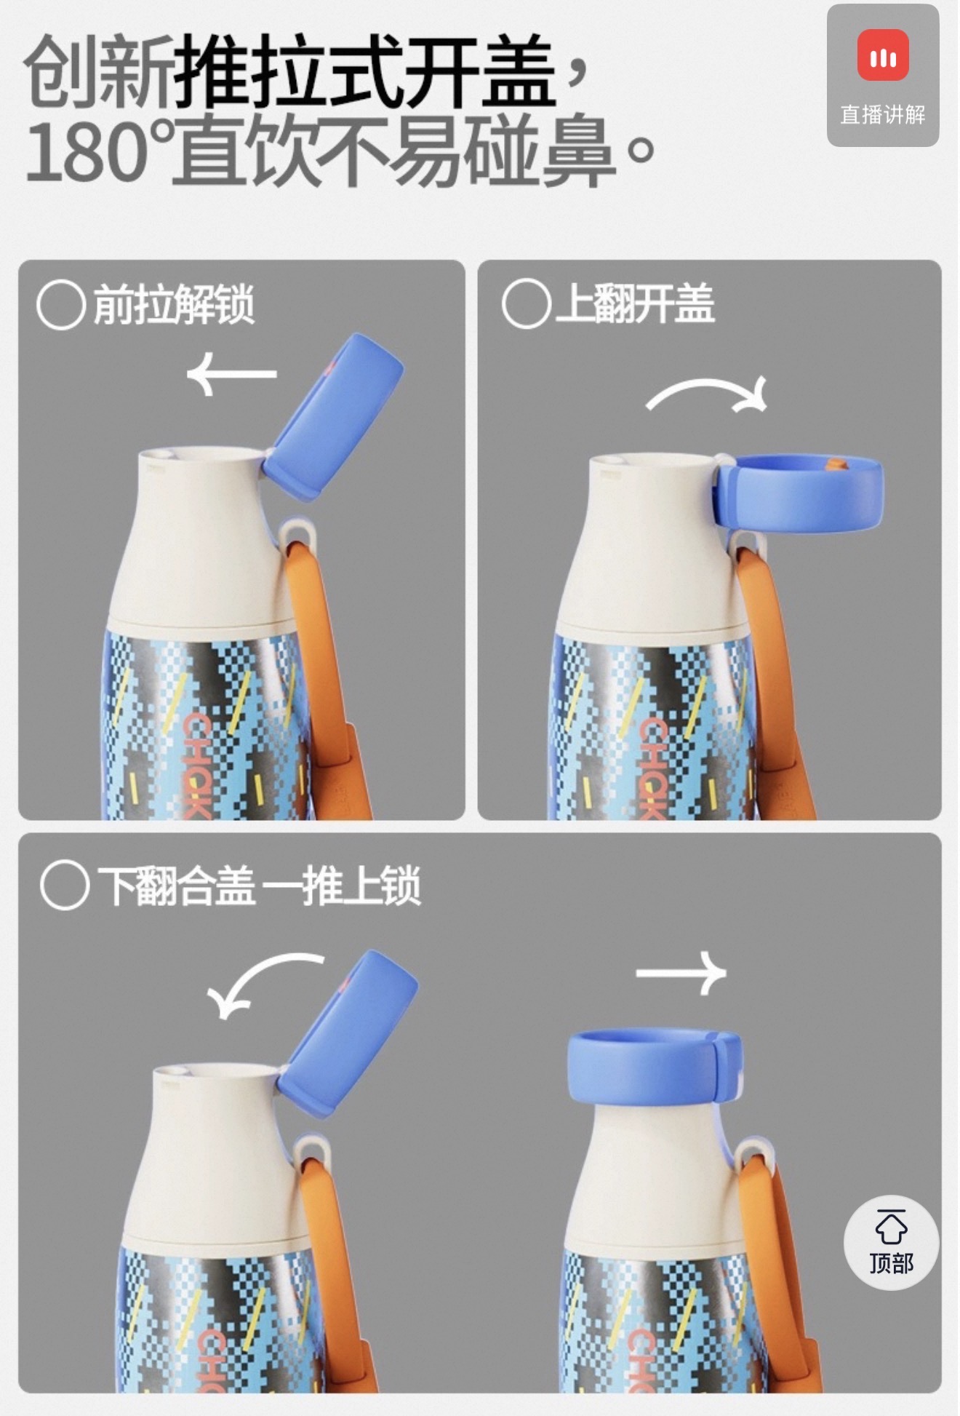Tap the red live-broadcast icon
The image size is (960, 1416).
(x=882, y=55)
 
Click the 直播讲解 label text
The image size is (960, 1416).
(x=883, y=114)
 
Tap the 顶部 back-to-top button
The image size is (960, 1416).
(x=891, y=1242)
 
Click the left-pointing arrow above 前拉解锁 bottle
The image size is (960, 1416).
(x=232, y=374)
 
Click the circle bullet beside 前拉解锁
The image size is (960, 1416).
(x=61, y=305)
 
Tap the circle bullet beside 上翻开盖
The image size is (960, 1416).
(x=526, y=303)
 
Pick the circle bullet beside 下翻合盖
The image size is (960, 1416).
(x=65, y=886)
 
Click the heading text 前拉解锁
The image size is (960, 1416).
(x=174, y=304)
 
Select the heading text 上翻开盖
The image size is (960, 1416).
(x=635, y=303)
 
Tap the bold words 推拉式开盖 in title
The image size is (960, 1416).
(x=365, y=72)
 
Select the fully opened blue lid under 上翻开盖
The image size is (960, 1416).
(x=799, y=491)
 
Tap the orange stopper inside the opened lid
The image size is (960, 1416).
(x=836, y=464)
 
